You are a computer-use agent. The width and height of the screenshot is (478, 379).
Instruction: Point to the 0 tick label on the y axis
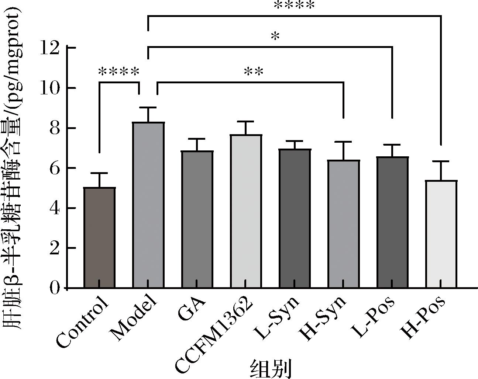pos(54,288)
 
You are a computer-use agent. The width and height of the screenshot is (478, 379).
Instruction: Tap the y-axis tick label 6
pos(54,168)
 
